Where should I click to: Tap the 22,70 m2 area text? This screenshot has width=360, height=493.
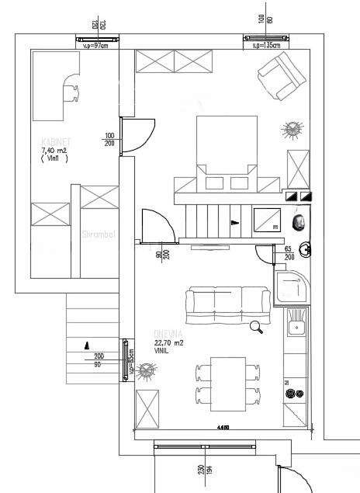168,342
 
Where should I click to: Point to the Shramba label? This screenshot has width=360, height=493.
99,233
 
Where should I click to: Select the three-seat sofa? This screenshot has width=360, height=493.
227,304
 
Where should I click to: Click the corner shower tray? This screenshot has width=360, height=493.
292,286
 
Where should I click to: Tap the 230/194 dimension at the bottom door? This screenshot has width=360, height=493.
204,471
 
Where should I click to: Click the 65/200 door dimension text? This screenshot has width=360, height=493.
289,252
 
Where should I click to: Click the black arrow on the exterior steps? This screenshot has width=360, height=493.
87,345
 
